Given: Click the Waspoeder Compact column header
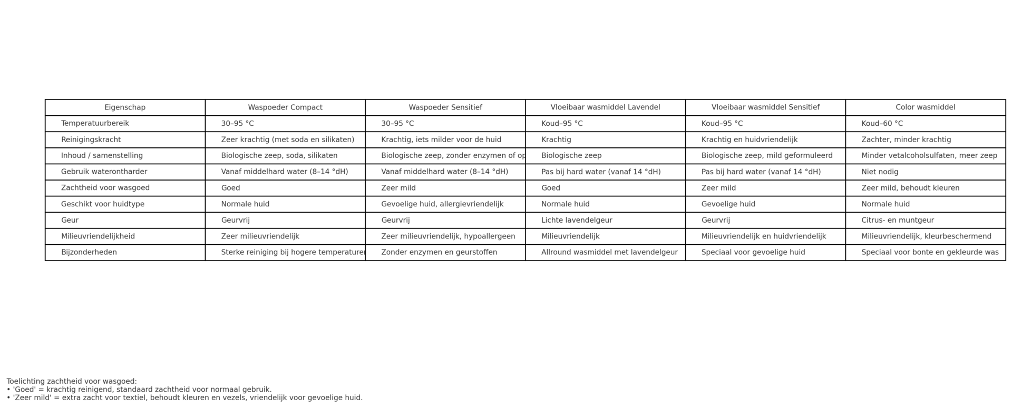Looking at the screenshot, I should pyautogui.click(x=285, y=107).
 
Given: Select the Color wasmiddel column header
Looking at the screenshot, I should pyautogui.click(x=925, y=107).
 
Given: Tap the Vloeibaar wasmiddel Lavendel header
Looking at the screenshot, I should pyautogui.click(x=605, y=107).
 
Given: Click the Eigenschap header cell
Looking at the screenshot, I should pyautogui.click(x=125, y=107).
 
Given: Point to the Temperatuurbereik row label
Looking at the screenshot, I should pyautogui.click(x=95, y=124).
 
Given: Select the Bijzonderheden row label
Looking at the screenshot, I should pyautogui.click(x=89, y=253).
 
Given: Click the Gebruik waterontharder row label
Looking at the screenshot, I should pyautogui.click(x=104, y=172).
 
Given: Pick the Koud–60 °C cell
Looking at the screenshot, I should pyautogui.click(x=882, y=124).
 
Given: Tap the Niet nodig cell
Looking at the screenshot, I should pyautogui.click(x=880, y=172).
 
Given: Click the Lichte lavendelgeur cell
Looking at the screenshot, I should pyautogui.click(x=577, y=221).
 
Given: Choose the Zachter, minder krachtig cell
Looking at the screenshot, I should pyautogui.click(x=906, y=140).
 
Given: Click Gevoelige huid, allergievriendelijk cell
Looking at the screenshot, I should pyautogui.click(x=442, y=204).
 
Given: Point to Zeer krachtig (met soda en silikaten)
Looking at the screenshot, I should pyautogui.click(x=287, y=140).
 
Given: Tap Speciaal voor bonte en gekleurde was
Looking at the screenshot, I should pyautogui.click(x=930, y=253).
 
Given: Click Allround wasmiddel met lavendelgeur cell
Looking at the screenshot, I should pyautogui.click(x=609, y=253).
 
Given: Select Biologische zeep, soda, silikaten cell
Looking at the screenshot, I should pyautogui.click(x=279, y=156).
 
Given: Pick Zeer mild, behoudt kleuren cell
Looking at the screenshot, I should pyautogui.click(x=910, y=188).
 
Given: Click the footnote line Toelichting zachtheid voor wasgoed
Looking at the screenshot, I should pyautogui.click(x=72, y=382).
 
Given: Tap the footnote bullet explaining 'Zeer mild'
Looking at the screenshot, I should pyautogui.click(x=184, y=398).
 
